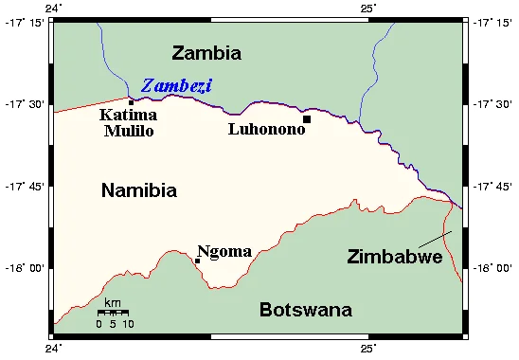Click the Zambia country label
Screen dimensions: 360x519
point(206,53)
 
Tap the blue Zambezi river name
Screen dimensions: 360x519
point(176,86)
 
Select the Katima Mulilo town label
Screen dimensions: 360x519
point(129,123)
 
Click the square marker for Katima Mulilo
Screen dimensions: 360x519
point(131,102)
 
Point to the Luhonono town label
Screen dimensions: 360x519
point(266,129)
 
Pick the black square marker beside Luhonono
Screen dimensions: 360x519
point(307,119)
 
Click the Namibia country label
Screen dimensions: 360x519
point(138,190)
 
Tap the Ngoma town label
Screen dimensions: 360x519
point(224,252)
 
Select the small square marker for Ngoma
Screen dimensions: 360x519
point(197,261)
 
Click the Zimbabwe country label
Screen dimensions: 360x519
point(394,257)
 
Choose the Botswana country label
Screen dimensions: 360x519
point(306,310)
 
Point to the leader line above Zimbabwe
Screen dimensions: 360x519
point(433,239)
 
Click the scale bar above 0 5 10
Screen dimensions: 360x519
point(113,312)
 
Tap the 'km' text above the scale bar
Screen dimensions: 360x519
point(112,302)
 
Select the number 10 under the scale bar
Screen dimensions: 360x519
point(128,324)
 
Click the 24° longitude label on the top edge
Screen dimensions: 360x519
point(55,8)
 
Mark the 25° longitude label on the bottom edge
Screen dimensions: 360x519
point(369,350)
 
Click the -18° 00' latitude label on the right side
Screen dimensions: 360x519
point(492,269)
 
